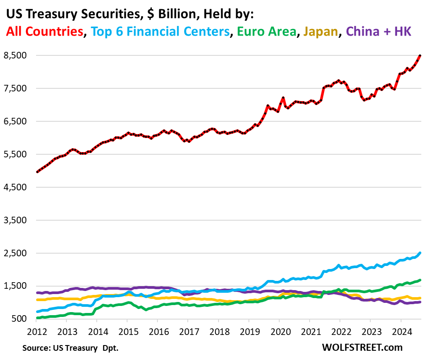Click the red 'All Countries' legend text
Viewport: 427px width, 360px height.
(x=44, y=31)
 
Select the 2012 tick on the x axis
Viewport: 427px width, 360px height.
(x=35, y=331)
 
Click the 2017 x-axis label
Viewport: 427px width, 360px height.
(x=188, y=331)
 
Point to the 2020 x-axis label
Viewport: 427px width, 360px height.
(x=279, y=331)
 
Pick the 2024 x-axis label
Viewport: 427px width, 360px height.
(x=401, y=331)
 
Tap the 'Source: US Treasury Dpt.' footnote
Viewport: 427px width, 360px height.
(x=70, y=348)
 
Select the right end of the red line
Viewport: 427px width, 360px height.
(x=420, y=55)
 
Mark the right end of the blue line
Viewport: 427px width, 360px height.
(x=420, y=253)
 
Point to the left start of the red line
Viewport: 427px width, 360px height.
(x=37, y=172)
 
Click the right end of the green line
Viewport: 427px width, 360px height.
(x=420, y=280)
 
